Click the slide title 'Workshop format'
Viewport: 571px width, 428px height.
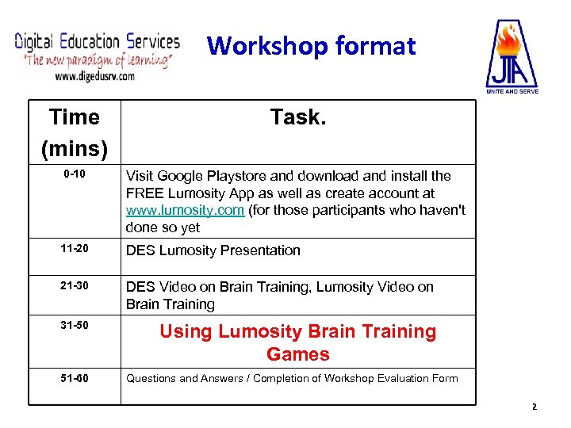point(311,46)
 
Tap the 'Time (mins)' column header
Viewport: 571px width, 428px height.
point(74,132)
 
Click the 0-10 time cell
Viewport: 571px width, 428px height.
point(75,174)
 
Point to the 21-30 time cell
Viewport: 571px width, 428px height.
point(75,285)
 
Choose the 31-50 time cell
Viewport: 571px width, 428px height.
point(75,326)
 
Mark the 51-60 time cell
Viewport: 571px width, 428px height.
point(75,377)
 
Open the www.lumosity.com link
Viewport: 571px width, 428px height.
point(185,210)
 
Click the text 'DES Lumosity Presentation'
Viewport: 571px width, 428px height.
point(213,250)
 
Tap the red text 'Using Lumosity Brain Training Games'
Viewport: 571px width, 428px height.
point(297,342)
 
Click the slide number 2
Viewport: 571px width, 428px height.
point(534,407)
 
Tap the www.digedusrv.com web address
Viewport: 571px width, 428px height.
point(94,76)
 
